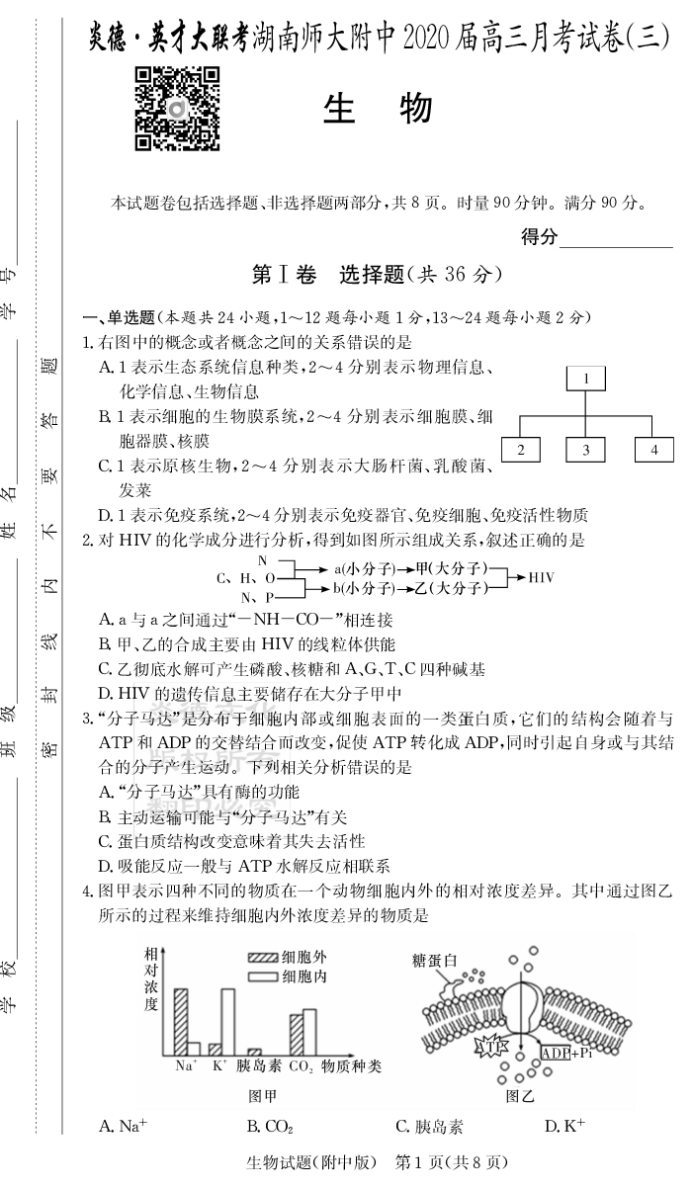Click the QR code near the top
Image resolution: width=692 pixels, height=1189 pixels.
click(176, 110)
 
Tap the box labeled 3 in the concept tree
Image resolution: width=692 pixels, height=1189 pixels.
click(585, 450)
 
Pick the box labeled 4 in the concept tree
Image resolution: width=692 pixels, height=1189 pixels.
click(653, 450)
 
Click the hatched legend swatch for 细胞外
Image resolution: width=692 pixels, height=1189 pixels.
click(263, 958)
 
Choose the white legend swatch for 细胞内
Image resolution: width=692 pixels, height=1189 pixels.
click(263, 977)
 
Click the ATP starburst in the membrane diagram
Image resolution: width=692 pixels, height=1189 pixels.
click(491, 1045)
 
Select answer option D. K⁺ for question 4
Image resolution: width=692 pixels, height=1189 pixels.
click(564, 1127)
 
